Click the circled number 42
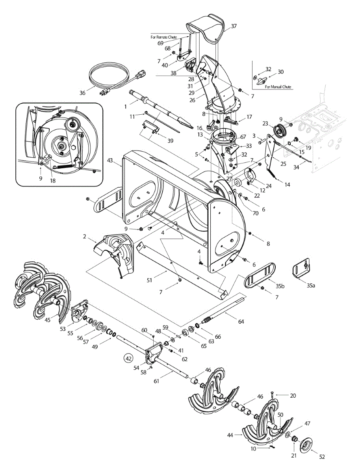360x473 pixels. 128,359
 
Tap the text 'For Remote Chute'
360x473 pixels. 163,37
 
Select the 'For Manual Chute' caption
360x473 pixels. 278,87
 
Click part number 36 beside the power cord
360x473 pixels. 82,93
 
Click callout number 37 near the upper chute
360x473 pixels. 234,26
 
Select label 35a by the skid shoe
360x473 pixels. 311,285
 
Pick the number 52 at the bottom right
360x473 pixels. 322,456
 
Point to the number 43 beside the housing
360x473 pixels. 110,160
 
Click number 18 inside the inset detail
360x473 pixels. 53,181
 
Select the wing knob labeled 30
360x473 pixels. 262,81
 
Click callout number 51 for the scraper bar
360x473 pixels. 149,280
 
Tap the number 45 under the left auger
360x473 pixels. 47,320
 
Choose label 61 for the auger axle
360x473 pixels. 156,381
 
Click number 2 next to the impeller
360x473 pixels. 84,236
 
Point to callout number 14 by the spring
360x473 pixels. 287,185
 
